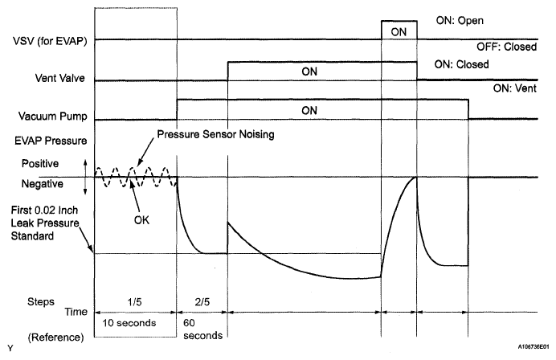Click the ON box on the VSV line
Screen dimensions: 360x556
pyautogui.click(x=399, y=31)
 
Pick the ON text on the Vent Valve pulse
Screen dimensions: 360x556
pyautogui.click(x=310, y=72)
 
